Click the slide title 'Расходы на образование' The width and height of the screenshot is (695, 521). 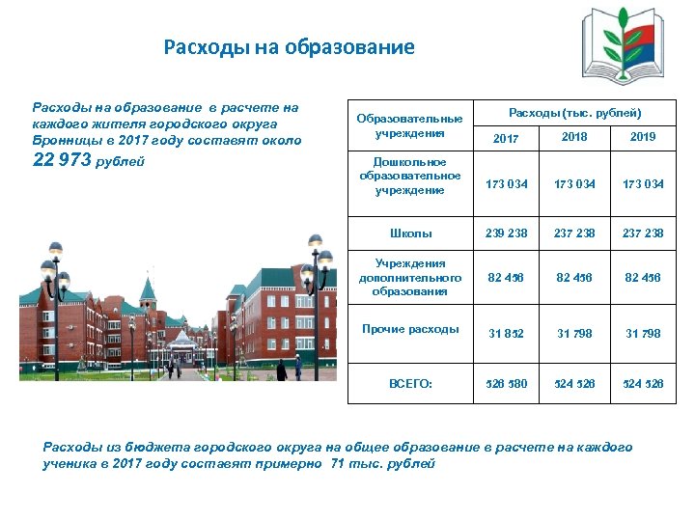click(289, 46)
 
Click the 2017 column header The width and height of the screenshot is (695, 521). click(506, 139)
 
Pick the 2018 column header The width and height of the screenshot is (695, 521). click(574, 137)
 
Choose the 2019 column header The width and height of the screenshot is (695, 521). click(643, 137)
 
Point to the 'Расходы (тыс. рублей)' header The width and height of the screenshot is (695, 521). click(574, 113)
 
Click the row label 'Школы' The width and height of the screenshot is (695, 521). click(410, 233)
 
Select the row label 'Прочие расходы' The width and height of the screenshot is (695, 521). click(410, 329)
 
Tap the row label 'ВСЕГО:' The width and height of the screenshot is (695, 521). click(410, 383)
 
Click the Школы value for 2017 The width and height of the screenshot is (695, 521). click(507, 233)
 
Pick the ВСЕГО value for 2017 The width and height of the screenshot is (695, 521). click(507, 383)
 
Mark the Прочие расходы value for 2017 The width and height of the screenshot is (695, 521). click(507, 334)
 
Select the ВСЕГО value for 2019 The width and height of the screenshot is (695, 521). click(644, 383)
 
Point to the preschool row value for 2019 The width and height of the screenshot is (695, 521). click(644, 183)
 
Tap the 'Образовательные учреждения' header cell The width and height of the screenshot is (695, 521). click(410, 125)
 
